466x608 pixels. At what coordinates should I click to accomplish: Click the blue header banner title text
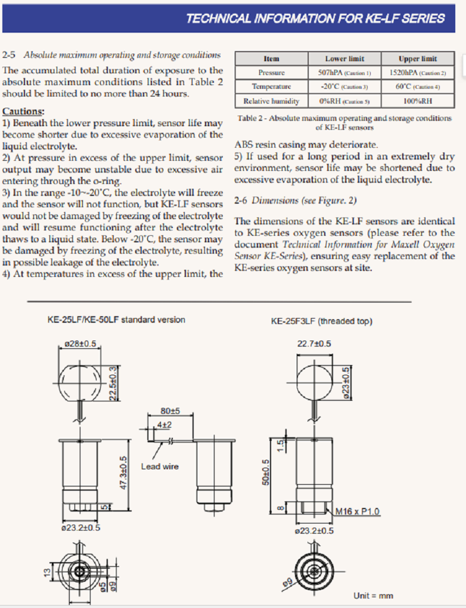pos(315,18)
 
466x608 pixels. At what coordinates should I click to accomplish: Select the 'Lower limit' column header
pos(344,59)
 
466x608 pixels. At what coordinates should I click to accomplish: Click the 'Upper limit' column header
pos(417,59)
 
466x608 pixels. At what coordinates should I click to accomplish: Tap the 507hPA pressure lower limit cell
pos(344,73)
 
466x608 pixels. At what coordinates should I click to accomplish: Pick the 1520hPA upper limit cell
pos(417,73)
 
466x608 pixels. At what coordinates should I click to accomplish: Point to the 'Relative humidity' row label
pos(271,101)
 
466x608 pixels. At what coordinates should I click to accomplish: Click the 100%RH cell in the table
pos(417,101)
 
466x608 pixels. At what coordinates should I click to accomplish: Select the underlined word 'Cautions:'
pos(23,111)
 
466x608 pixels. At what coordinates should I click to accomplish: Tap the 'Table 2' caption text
pos(344,122)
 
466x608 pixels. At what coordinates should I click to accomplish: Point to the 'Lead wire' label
pos(159,466)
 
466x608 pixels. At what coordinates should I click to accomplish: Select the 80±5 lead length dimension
pos(170,411)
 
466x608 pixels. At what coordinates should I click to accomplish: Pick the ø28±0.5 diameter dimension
pos(80,344)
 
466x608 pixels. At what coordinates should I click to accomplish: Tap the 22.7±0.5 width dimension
pos(314,344)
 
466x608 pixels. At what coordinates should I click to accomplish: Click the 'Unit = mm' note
pos(373,595)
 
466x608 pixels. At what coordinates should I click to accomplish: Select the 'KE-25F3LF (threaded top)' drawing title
pos(321,321)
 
